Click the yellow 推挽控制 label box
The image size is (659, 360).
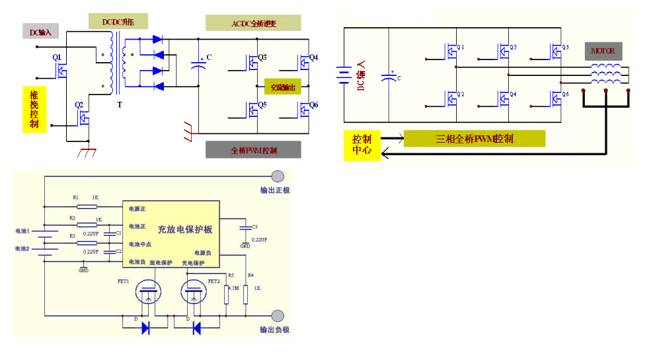[34, 110]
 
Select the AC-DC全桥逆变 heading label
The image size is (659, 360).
[253, 24]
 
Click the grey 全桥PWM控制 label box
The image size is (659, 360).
[253, 150]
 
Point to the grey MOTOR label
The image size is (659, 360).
[603, 50]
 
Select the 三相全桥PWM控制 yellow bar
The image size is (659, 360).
[474, 139]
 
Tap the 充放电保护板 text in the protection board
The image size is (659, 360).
[184, 229]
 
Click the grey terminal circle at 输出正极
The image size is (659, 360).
[278, 176]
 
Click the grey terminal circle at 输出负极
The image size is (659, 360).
[278, 315]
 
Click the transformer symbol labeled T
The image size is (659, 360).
[114, 65]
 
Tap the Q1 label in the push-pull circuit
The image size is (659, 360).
[57, 57]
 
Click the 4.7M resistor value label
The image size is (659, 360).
[233, 289]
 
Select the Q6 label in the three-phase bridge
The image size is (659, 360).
[565, 95]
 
